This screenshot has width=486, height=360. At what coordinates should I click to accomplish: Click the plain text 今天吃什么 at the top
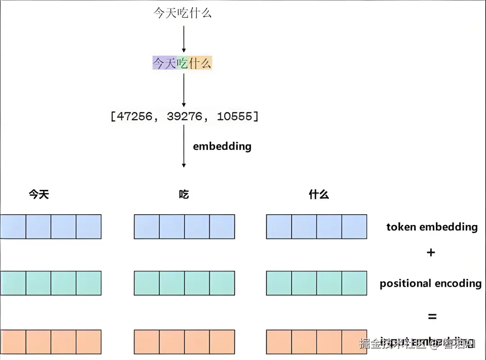coord(182,13)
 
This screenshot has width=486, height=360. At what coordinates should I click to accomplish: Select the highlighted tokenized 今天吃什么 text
coord(182,63)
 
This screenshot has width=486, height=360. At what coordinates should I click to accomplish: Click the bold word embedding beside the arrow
coord(222,146)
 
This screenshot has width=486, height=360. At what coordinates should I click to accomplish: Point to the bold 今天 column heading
coord(39,194)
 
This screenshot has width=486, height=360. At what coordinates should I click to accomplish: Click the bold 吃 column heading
coord(184,194)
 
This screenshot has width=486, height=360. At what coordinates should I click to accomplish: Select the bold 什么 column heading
coord(319,194)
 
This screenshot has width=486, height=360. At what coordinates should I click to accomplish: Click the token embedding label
coord(432,227)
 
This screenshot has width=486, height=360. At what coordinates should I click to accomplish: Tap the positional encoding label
coord(430,283)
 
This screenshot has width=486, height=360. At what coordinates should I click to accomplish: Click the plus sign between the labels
coord(431,252)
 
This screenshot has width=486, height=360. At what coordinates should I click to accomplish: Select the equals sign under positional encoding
coord(432,317)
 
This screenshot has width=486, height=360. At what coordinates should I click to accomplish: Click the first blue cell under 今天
coord(13,226)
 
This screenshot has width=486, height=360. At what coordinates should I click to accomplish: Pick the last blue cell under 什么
coord(354,226)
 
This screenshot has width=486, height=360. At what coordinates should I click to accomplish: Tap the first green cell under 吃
coord(147,283)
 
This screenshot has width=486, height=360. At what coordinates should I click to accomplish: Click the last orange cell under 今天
coord(88,342)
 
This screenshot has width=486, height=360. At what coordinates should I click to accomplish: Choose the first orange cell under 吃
coord(147,342)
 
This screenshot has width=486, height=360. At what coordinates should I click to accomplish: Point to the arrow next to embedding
coord(184,146)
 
